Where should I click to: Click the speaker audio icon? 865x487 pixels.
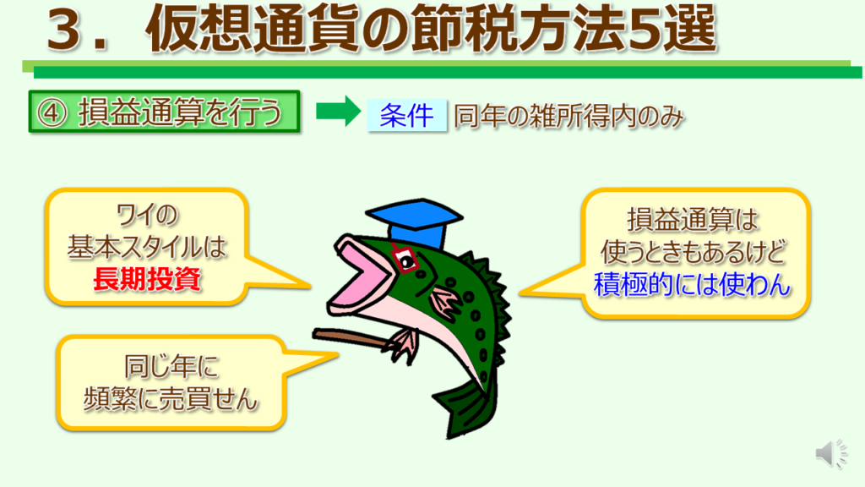(831, 454)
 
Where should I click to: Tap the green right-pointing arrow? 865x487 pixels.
(338, 111)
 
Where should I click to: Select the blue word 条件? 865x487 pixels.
(406, 115)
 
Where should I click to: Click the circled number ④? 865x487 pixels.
(52, 112)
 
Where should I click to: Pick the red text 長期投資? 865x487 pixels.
(147, 279)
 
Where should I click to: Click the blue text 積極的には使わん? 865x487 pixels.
(692, 285)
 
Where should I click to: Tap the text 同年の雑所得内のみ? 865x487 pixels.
(569, 116)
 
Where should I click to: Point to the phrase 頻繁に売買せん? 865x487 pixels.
(171, 399)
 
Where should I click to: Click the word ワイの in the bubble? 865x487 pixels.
(147, 215)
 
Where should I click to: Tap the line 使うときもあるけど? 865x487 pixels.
(693, 252)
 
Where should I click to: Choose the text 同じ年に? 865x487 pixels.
(171, 366)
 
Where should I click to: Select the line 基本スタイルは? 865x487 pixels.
(147, 247)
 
